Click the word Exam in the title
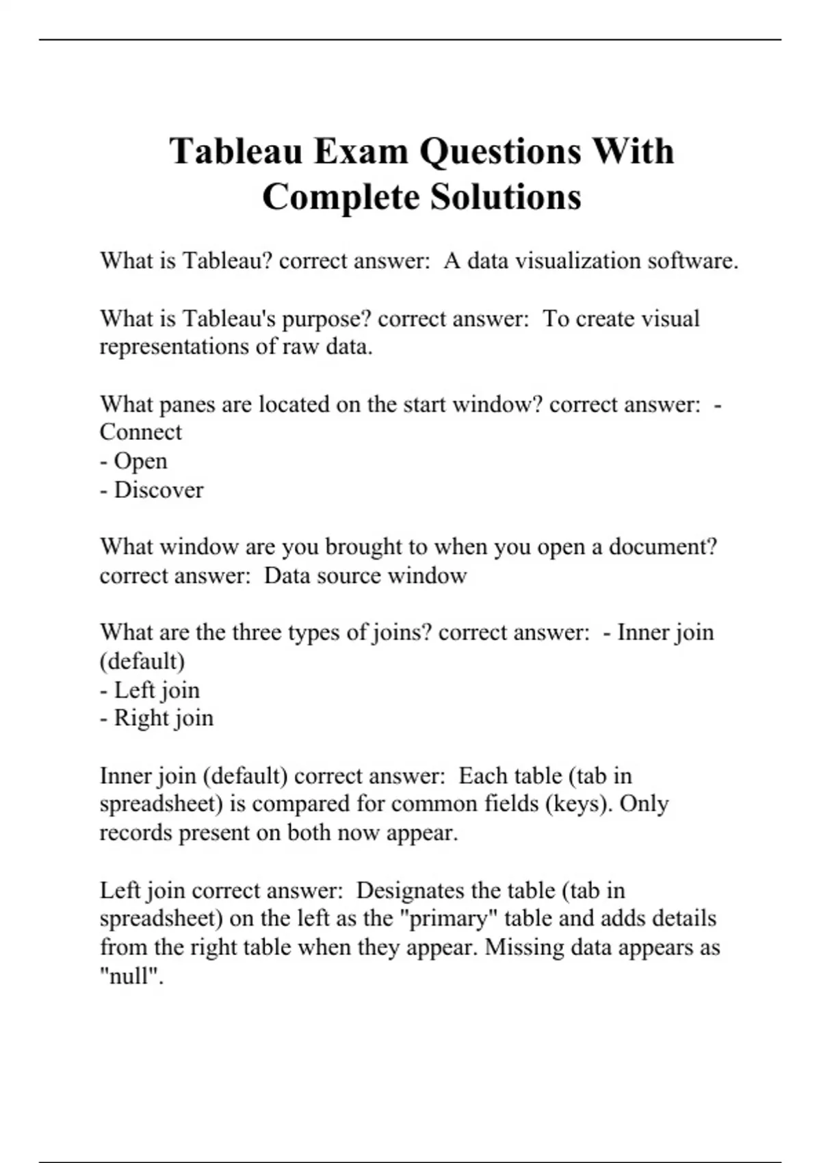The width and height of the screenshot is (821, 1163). click(361, 151)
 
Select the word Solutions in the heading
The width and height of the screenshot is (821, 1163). click(506, 197)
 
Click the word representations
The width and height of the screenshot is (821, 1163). click(175, 347)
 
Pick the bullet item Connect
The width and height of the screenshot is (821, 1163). click(141, 432)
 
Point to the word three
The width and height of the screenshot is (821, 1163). click(257, 632)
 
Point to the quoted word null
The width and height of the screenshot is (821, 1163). click(131, 976)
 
